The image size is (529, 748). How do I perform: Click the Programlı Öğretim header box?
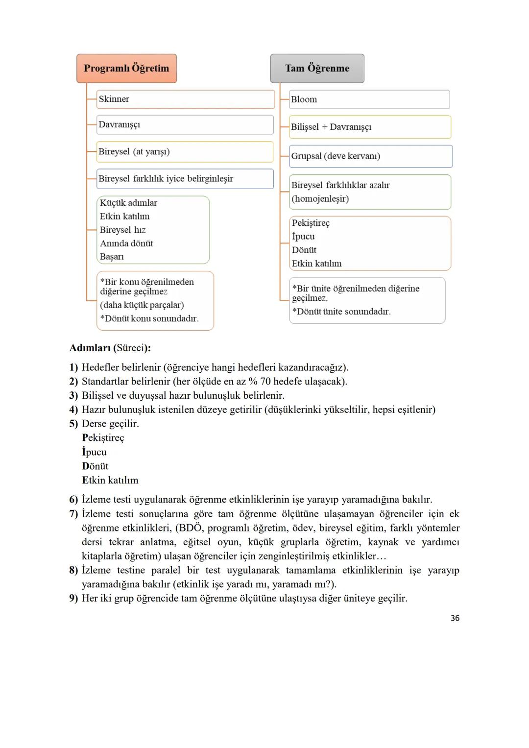tap(126, 69)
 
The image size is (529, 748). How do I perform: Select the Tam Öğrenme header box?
tap(317, 69)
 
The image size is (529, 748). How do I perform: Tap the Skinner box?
tap(185, 99)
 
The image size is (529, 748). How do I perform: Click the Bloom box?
tap(369, 99)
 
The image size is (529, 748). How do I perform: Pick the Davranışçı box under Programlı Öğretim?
tap(185, 124)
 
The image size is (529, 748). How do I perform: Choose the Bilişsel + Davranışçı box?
tap(369, 127)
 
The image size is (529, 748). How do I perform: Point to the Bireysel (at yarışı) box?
tap(185, 152)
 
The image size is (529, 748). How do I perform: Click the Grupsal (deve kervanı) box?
tap(370, 156)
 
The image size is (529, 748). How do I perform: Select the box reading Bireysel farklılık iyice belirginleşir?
tap(185, 179)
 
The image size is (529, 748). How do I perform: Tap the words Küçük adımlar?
tap(128, 203)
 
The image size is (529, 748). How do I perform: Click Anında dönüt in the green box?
tap(126, 243)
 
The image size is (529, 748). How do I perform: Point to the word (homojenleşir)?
tap(320, 199)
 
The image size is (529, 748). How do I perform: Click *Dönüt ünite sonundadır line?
tap(341, 312)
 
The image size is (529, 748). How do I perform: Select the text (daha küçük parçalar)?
tap(142, 305)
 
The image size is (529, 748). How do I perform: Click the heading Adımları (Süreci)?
tap(110, 348)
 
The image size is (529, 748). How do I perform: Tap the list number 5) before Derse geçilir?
tap(73, 424)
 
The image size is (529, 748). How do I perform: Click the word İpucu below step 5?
tap(94, 452)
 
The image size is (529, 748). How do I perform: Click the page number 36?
tap(455, 618)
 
